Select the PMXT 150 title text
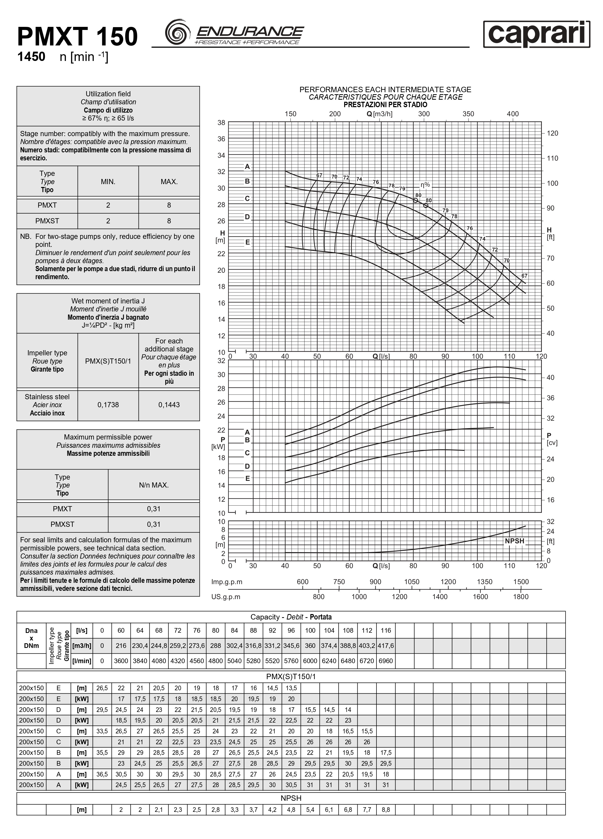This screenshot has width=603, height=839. (x=77, y=37)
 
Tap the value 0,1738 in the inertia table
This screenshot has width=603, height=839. (x=108, y=405)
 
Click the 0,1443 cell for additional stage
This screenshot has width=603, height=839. (x=169, y=405)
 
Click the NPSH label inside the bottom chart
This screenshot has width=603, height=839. (x=514, y=541)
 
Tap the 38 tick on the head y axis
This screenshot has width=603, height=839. (x=221, y=122)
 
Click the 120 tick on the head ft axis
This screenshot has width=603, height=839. (x=552, y=133)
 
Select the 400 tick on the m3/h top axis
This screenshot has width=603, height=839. (x=512, y=114)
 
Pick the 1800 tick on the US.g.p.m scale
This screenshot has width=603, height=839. (x=520, y=597)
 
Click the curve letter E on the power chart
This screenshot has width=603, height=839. (x=247, y=478)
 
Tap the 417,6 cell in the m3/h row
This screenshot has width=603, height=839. (x=385, y=646)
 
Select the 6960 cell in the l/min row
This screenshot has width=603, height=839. (x=385, y=661)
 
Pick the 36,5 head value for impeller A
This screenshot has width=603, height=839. (x=102, y=774)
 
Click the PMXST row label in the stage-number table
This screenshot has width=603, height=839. (x=47, y=221)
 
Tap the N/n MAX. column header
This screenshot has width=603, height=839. (x=154, y=485)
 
